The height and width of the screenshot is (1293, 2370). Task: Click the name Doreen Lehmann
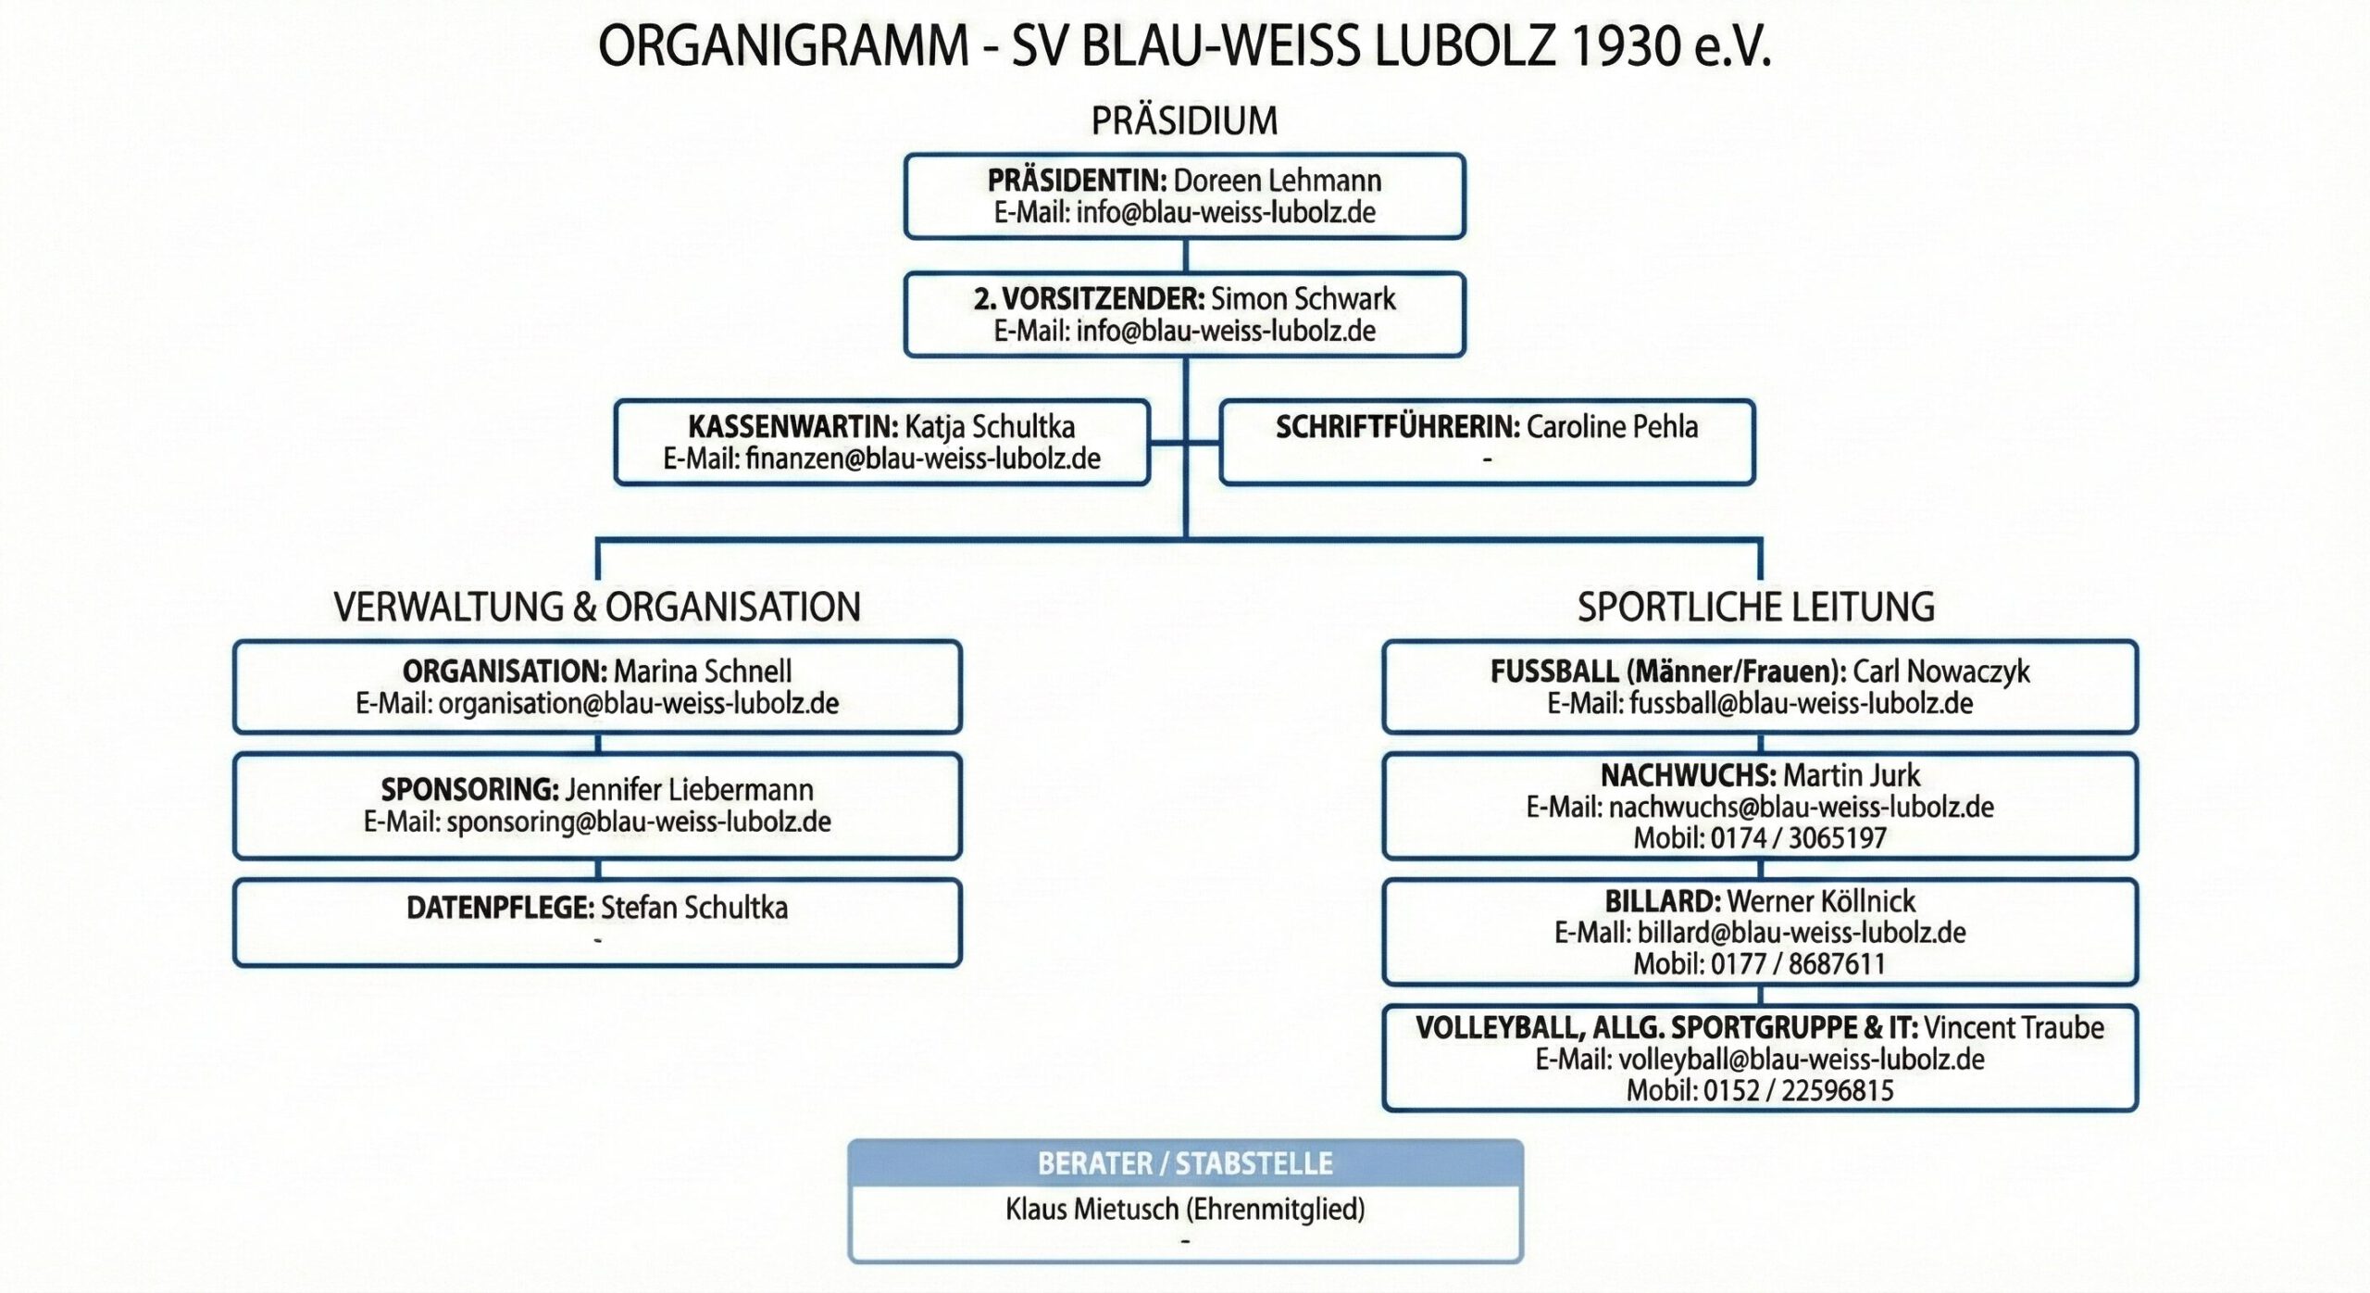(x=1278, y=181)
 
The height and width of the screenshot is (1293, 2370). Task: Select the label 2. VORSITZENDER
(x=1089, y=299)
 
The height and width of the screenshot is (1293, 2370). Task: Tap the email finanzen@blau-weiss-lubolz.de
(x=922, y=458)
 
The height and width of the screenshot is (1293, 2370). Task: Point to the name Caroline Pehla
(x=1612, y=427)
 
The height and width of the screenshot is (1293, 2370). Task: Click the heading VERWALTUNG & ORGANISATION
(x=597, y=607)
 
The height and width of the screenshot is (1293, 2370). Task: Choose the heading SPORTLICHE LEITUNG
(x=1756, y=607)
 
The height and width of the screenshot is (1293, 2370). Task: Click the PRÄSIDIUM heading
(x=1184, y=120)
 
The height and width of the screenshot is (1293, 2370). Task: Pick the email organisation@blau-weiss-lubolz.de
(x=639, y=703)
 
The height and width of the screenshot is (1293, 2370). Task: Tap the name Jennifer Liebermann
(x=690, y=790)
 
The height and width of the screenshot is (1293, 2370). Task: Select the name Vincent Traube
(x=2014, y=1028)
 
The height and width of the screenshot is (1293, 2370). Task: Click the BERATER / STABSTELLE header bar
(x=1185, y=1163)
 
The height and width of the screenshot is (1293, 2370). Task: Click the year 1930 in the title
(x=1626, y=46)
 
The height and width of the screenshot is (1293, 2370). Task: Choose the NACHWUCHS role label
(x=1688, y=775)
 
